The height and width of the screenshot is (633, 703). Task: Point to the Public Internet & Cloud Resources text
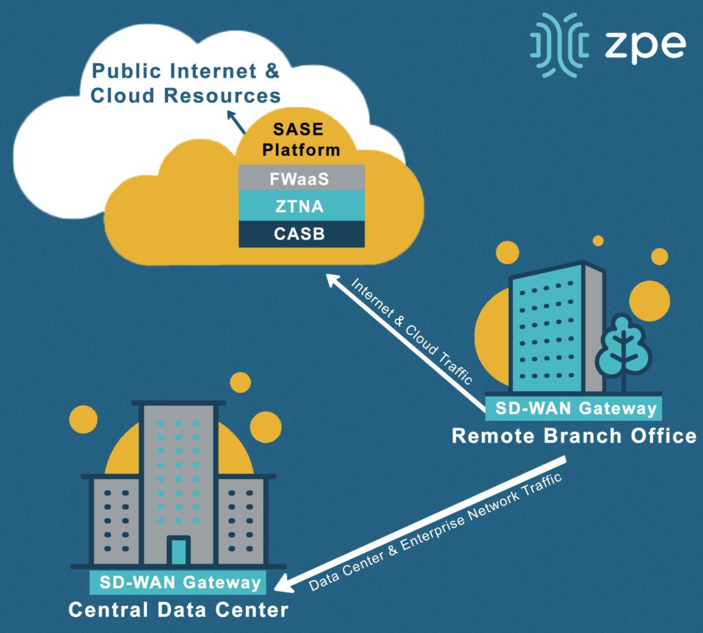coord(185,82)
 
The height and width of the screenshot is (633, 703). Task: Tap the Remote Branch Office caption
coord(573,436)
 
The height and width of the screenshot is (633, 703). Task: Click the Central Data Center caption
coord(178,610)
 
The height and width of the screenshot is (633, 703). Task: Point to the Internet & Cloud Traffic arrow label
coord(412,330)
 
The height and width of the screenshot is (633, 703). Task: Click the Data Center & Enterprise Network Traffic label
coord(435,531)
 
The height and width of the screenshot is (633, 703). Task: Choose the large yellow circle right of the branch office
coord(649,299)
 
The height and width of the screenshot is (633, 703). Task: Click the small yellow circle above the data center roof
coord(240,382)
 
